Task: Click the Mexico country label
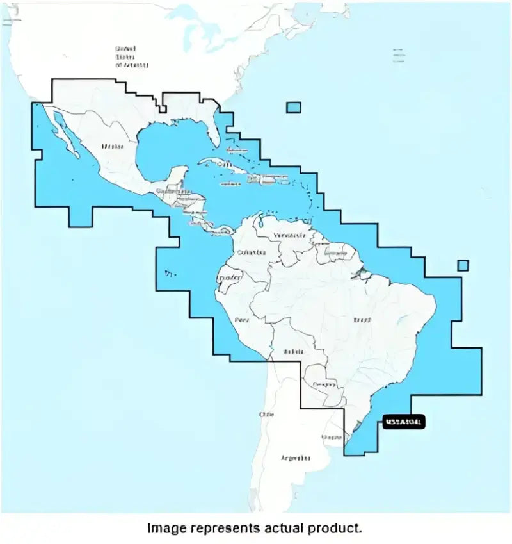click(111, 146)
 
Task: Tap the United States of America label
click(131, 57)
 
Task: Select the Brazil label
click(362, 319)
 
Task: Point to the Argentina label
click(296, 458)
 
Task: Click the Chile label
click(266, 415)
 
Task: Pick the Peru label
click(241, 319)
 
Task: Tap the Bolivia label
click(294, 352)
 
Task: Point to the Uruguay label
click(332, 437)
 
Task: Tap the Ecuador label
click(230, 278)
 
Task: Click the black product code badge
click(403, 422)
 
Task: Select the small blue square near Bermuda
click(294, 107)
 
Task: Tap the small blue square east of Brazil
click(463, 265)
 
